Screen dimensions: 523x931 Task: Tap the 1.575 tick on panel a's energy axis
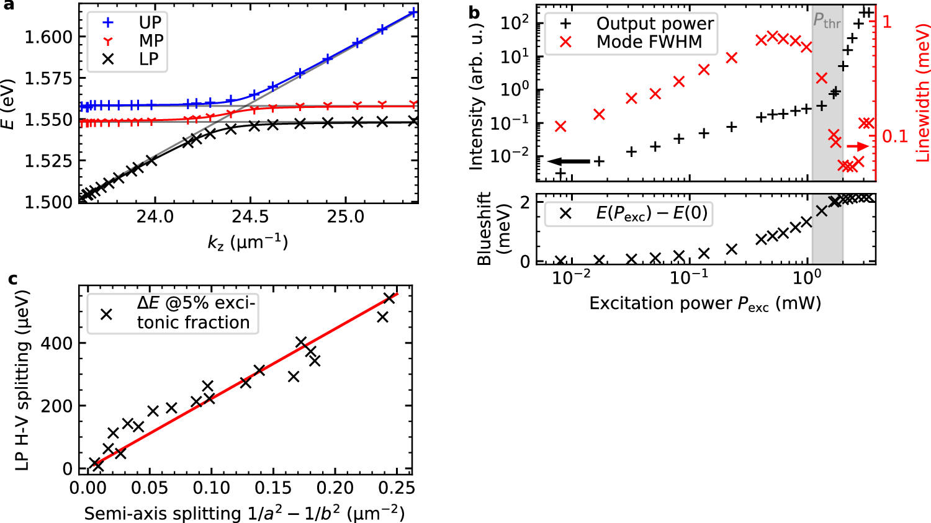tap(48, 78)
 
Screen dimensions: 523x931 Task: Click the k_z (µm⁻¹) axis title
tap(248, 241)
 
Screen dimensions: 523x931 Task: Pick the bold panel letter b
tap(474, 12)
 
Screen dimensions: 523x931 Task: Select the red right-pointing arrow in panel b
tap(858, 146)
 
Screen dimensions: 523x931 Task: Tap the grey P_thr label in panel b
tap(827, 22)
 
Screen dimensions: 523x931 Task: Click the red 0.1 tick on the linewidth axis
tap(894, 136)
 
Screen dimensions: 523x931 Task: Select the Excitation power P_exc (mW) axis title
tap(705, 303)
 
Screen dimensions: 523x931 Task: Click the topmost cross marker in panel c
tap(390, 298)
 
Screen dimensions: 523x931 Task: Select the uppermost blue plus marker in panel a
tap(413, 12)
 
